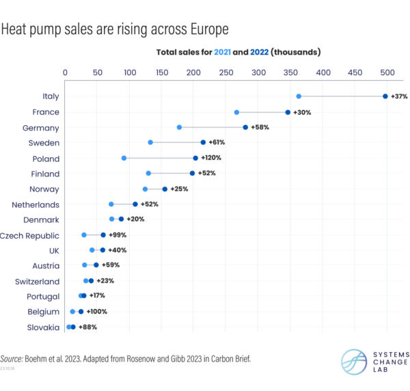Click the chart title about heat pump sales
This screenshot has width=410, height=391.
coord(114,30)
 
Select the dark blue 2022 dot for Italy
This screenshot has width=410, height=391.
coord(385,96)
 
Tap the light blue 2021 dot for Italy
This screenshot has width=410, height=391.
coord(299,96)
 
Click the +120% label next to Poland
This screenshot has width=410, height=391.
coord(211,158)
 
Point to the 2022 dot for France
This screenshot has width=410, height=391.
coord(288,112)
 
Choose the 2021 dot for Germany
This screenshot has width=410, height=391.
coord(179,127)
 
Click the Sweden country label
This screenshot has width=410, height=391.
coord(44,143)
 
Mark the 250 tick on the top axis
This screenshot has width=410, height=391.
coord(226,71)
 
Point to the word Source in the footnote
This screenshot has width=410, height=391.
coord(11,358)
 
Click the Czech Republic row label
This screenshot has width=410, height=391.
coord(29,235)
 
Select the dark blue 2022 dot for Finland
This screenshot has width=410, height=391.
coord(192,174)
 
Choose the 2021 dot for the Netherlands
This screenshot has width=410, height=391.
coord(111,204)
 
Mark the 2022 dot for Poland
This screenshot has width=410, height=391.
coord(195,158)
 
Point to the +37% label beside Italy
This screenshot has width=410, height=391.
coord(399,96)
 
